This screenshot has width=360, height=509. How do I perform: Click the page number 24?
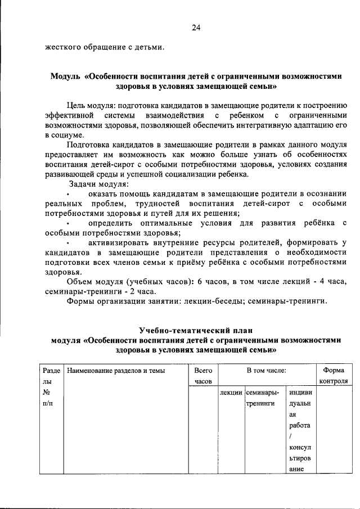196,27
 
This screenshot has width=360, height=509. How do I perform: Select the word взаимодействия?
172,115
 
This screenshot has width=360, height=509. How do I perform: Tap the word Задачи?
83,184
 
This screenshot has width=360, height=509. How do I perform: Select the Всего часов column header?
202,376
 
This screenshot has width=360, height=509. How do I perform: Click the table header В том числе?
266,371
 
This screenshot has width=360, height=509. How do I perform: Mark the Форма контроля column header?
333,376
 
